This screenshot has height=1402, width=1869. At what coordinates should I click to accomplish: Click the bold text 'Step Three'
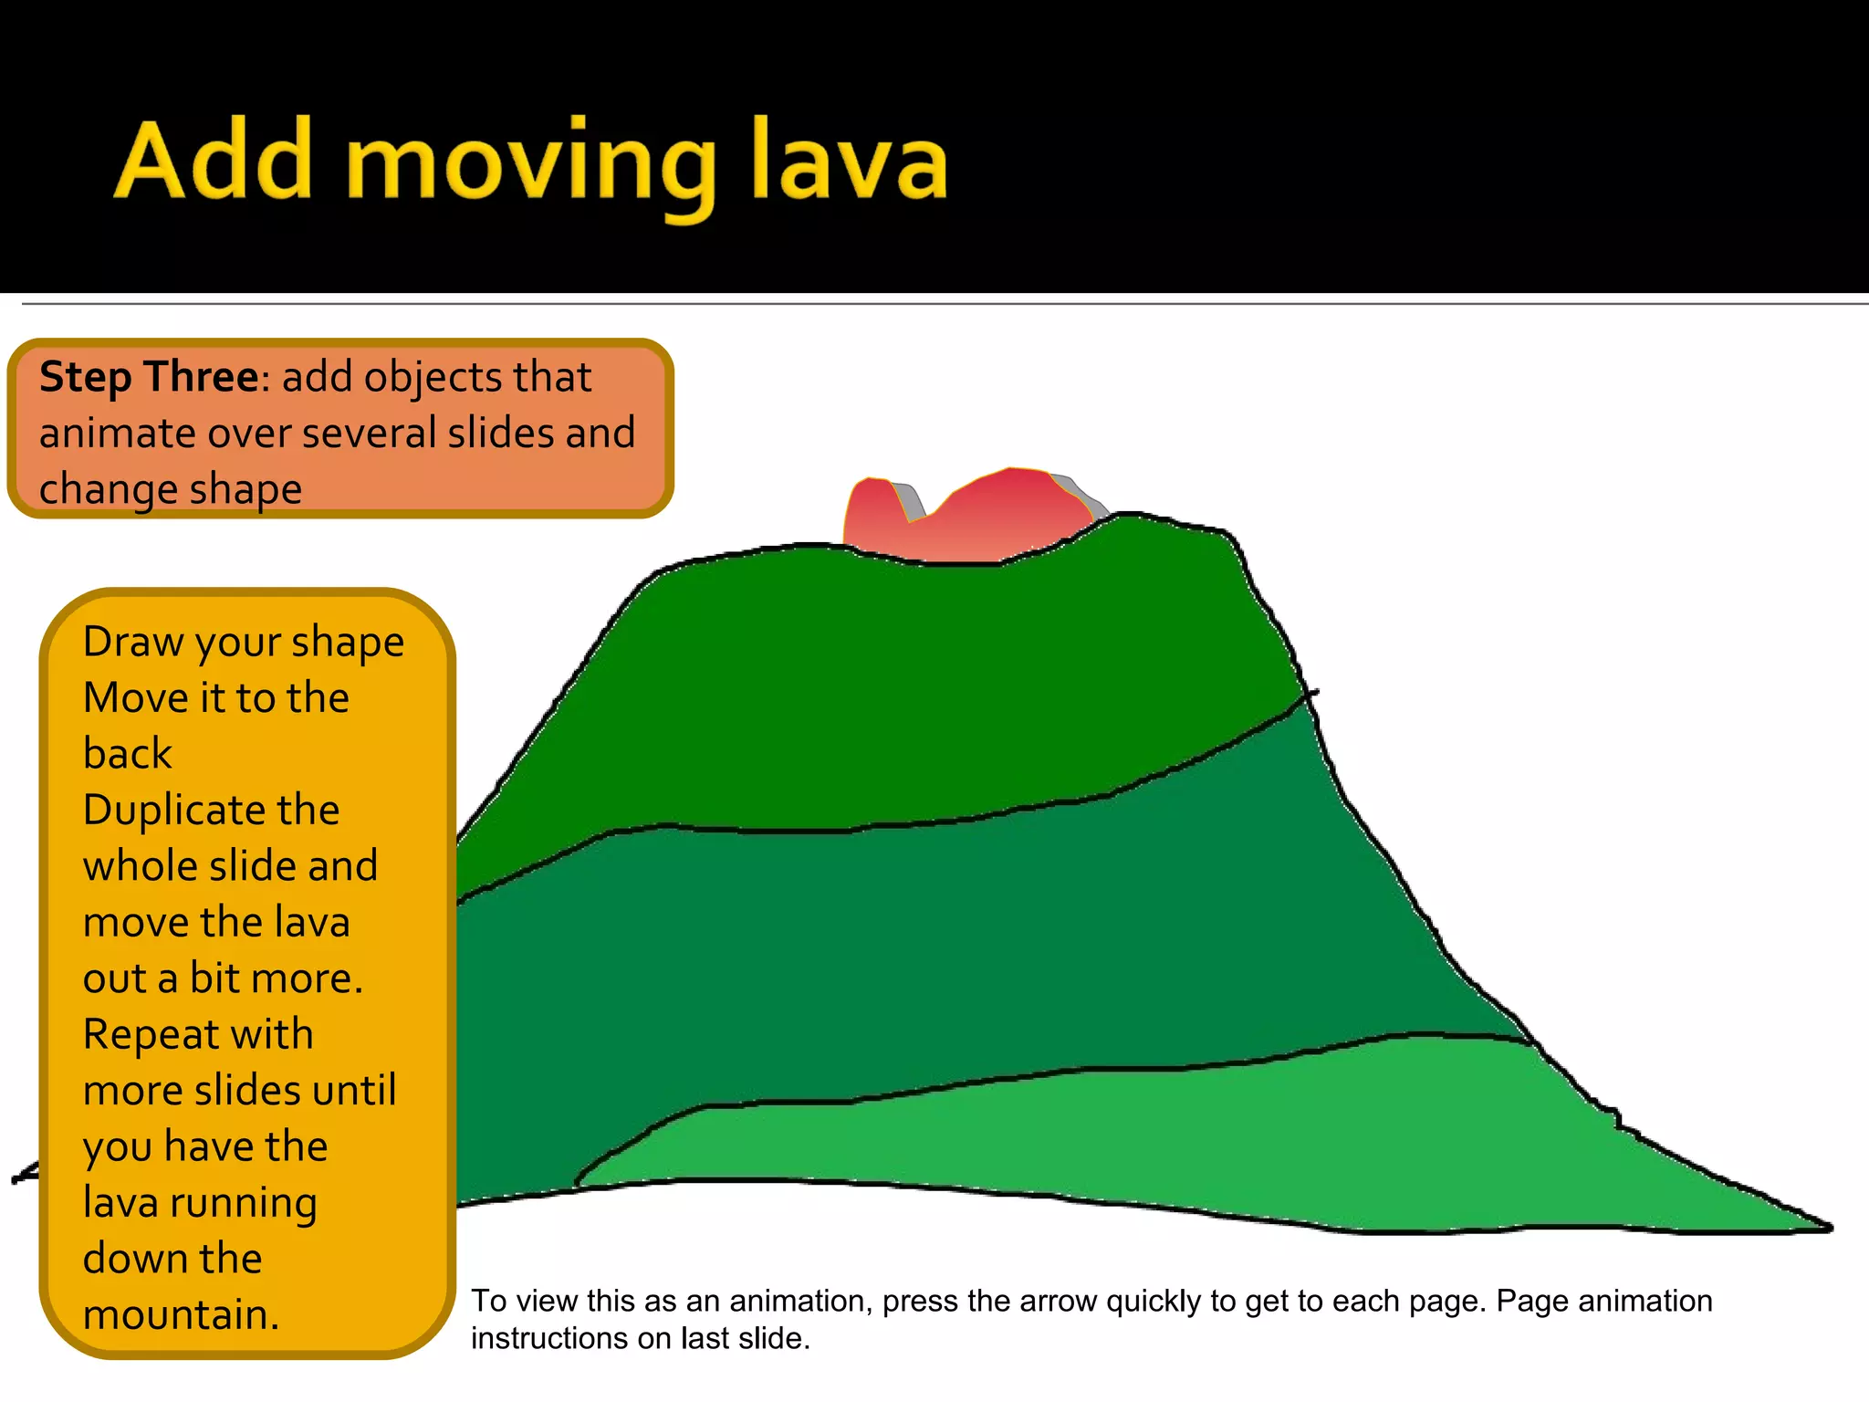click(149, 378)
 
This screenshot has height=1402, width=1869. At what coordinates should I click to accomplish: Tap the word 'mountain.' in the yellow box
click(181, 1315)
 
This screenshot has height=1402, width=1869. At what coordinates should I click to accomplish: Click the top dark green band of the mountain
click(913, 694)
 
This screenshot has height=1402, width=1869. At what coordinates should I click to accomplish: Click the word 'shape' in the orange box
click(247, 490)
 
